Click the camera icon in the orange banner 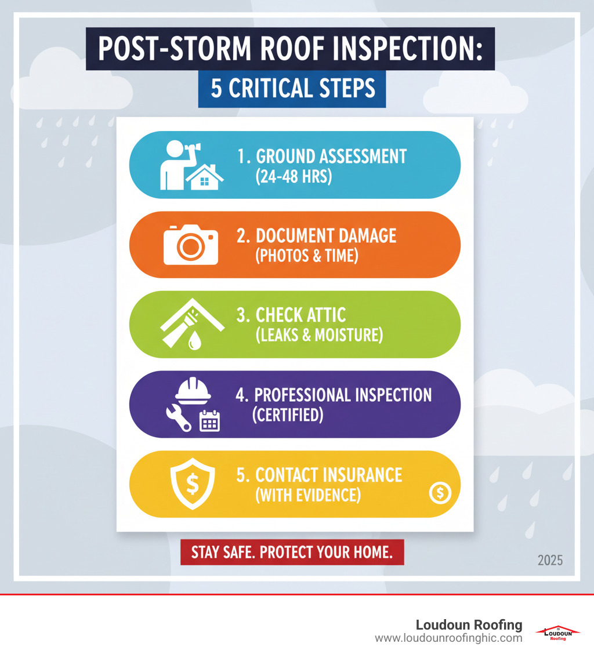(x=191, y=245)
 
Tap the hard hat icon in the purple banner (x=193, y=390)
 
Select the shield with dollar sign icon (x=192, y=483)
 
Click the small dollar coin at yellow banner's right (x=440, y=493)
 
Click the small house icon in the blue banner (x=204, y=177)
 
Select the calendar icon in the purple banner (x=209, y=421)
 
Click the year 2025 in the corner (x=550, y=561)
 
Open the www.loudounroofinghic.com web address (x=448, y=638)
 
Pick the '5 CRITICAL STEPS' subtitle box (x=292, y=89)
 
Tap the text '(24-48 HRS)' (x=294, y=176)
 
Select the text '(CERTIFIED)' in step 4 (x=287, y=415)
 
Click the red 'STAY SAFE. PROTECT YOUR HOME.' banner (x=292, y=552)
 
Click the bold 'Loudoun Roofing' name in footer (x=469, y=625)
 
